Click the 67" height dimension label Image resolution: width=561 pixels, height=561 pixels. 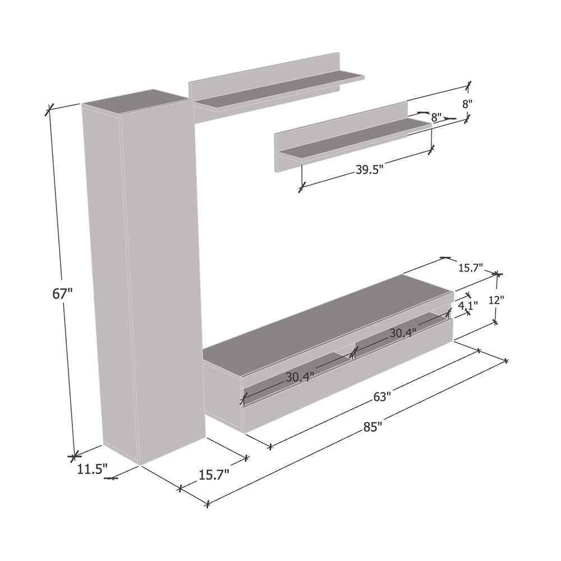(x=62, y=294)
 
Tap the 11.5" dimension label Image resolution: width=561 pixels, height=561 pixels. (x=93, y=470)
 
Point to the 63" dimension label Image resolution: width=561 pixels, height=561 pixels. (x=381, y=397)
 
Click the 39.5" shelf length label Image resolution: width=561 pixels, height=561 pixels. (x=370, y=169)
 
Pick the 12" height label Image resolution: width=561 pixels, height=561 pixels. (x=496, y=300)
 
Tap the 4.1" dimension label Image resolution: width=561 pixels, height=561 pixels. (x=468, y=306)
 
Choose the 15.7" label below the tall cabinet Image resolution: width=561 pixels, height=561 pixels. (x=214, y=475)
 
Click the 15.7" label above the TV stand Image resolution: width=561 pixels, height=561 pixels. (x=471, y=267)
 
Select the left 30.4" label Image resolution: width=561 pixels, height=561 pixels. (x=300, y=377)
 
